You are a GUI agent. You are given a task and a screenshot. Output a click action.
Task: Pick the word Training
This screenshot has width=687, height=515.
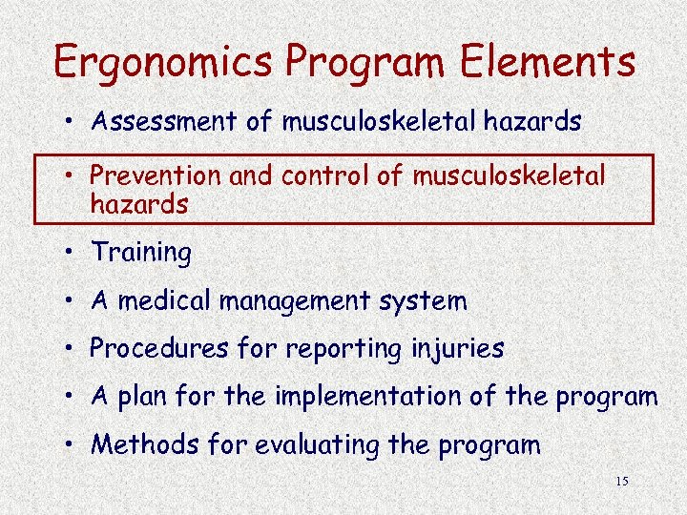click(x=141, y=253)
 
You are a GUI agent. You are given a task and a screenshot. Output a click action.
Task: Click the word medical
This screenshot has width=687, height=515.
click(x=166, y=301)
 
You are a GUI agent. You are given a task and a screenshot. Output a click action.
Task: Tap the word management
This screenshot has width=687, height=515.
click(x=300, y=302)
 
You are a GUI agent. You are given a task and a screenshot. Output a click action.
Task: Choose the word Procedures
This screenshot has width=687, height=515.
click(x=158, y=349)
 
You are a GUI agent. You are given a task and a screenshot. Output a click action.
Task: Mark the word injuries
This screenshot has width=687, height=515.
click(x=460, y=350)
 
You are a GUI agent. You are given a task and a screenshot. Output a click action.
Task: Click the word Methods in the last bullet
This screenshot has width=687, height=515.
click(x=138, y=444)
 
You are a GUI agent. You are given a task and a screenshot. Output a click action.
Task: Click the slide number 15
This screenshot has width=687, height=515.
click(x=622, y=482)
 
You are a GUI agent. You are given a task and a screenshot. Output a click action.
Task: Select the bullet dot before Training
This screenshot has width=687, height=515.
click(x=73, y=253)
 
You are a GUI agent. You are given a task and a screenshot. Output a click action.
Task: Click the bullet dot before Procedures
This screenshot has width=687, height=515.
click(x=73, y=349)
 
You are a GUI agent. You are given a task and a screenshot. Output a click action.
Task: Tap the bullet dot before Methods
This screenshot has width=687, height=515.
click(x=73, y=444)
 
